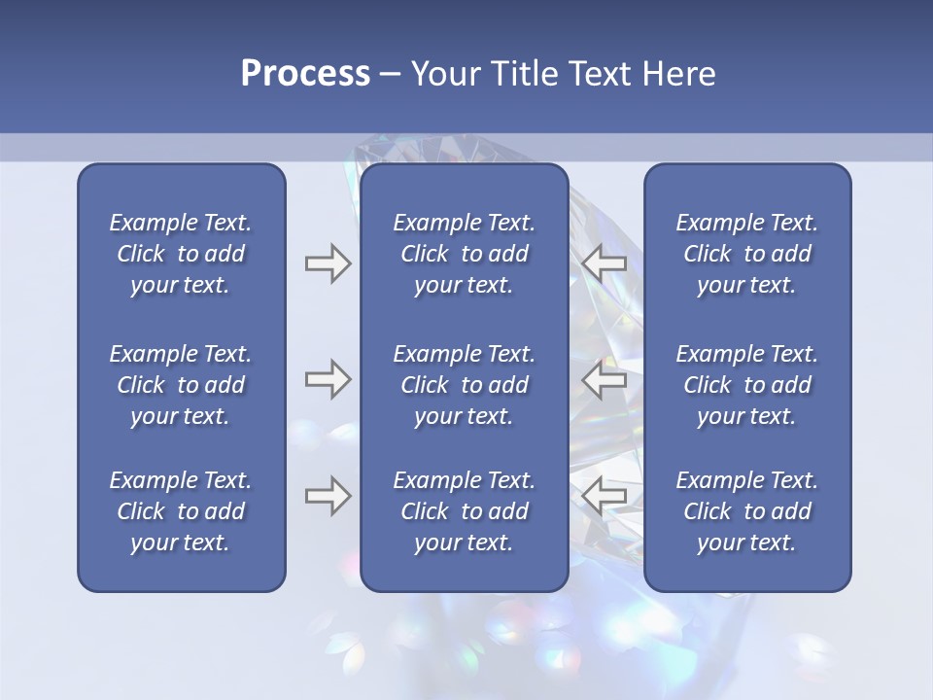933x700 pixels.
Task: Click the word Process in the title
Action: pos(305,74)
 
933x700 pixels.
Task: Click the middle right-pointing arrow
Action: pos(328,379)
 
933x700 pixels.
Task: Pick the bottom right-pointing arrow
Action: pos(328,496)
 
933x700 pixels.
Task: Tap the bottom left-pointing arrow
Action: pos(605,496)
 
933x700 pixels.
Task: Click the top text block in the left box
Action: pos(181,254)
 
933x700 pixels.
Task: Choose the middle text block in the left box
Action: pos(181,385)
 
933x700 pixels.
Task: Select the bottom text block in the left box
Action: pos(181,511)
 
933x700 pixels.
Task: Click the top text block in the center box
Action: pos(464,254)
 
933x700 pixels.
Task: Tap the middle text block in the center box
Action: pos(464,385)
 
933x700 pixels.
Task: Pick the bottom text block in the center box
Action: pos(464,511)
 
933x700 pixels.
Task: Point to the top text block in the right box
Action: pos(746,254)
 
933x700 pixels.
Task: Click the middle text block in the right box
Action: pos(746,385)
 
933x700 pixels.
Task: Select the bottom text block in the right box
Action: pos(746,511)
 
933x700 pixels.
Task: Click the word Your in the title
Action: pos(439,74)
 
